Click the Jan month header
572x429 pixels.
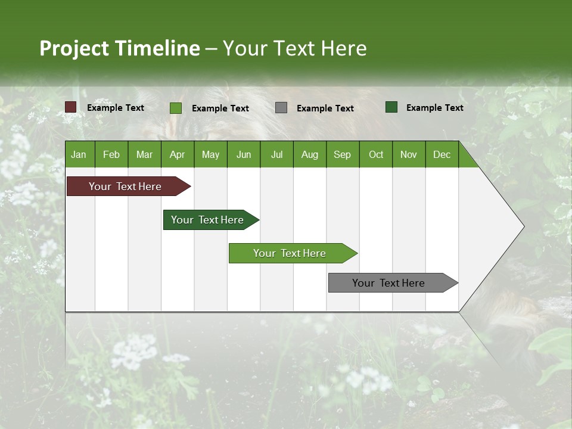[x=79, y=154]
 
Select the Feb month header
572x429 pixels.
[x=111, y=154]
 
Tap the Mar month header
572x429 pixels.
[x=144, y=154]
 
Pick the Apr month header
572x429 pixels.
[x=177, y=154]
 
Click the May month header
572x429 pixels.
[x=210, y=154]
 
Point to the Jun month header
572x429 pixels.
[x=244, y=154]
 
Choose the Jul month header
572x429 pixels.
[x=276, y=154]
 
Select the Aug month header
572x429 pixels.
[x=309, y=154]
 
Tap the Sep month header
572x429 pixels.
[x=342, y=154]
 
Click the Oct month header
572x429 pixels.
[x=376, y=154]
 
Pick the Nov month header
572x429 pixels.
[x=409, y=154]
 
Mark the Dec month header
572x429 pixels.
[x=442, y=154]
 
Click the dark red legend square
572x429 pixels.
[x=71, y=107]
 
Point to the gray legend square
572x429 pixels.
[x=281, y=108]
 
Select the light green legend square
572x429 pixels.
[x=176, y=108]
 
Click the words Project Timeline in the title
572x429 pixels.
[x=119, y=48]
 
